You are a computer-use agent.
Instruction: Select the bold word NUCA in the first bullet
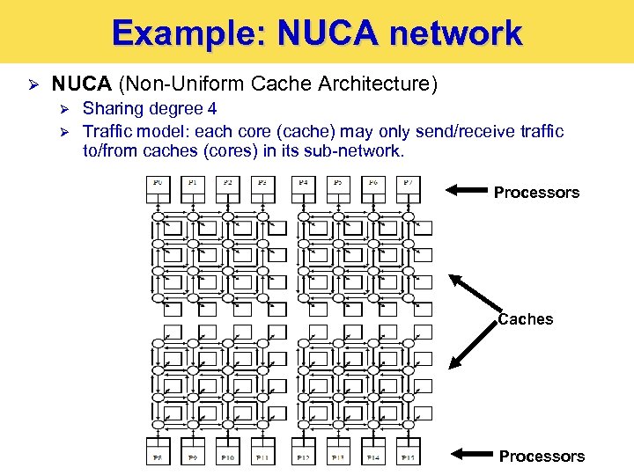point(81,84)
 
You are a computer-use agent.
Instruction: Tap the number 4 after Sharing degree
point(211,108)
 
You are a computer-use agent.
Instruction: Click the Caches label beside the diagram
point(526,319)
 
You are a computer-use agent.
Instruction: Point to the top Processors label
point(536,192)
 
